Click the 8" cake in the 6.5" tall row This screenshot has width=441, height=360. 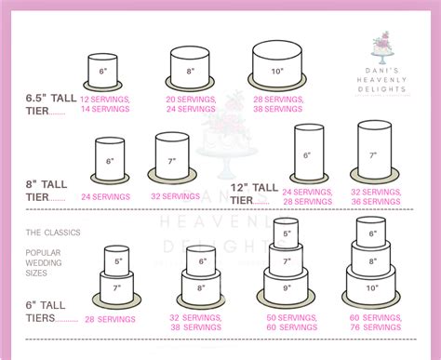[191, 70]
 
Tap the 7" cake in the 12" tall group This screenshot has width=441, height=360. [372, 155]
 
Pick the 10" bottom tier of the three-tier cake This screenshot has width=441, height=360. [371, 287]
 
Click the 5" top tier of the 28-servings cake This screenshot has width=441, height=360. [117, 261]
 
